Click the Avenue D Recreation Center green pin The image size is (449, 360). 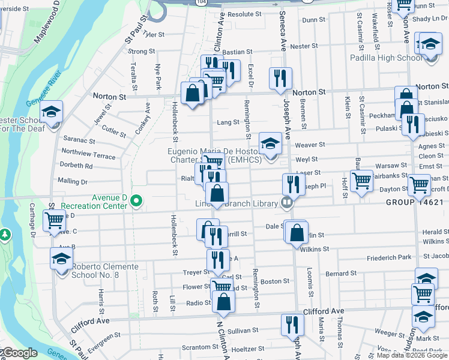coord(136,201)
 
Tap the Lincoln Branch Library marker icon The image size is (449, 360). coord(287,202)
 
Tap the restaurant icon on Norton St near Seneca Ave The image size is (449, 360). coord(280,78)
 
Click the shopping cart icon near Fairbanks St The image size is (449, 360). coord(361,179)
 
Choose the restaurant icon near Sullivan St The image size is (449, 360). coord(292,325)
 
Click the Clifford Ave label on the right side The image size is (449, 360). coord(324,311)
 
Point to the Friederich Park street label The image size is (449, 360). coord(388,257)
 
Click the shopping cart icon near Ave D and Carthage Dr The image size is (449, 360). coord(55,220)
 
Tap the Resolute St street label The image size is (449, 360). coord(240,14)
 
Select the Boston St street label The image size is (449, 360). coord(275,281)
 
